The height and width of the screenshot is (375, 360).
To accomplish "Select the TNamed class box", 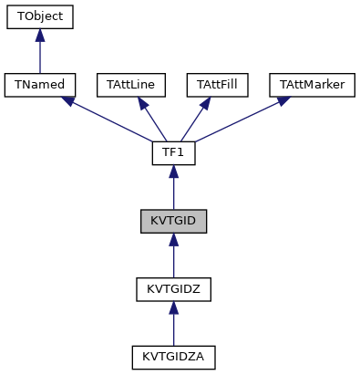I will point(39,85).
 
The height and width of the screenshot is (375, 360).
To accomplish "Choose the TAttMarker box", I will point(310,85).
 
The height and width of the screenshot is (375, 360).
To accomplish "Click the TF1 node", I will point(173,153).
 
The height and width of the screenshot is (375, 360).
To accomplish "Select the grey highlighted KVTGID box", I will point(173,221).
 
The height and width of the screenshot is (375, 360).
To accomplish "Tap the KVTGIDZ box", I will point(173,289).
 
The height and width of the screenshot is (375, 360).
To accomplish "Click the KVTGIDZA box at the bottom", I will point(173,358).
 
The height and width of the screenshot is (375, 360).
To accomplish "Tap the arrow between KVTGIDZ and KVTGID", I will point(173,257).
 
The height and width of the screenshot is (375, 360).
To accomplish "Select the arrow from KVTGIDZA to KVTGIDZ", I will point(173,326).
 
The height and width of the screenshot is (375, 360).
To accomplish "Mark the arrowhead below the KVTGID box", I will point(173,240).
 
